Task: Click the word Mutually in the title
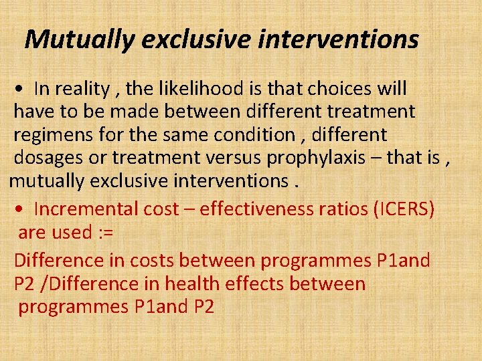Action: [x=80, y=40]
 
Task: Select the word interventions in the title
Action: [x=338, y=40]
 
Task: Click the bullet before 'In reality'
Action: [x=22, y=90]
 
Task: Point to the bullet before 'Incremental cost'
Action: [x=22, y=210]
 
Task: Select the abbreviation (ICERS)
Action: [x=401, y=209]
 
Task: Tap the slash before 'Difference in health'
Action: [x=45, y=284]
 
